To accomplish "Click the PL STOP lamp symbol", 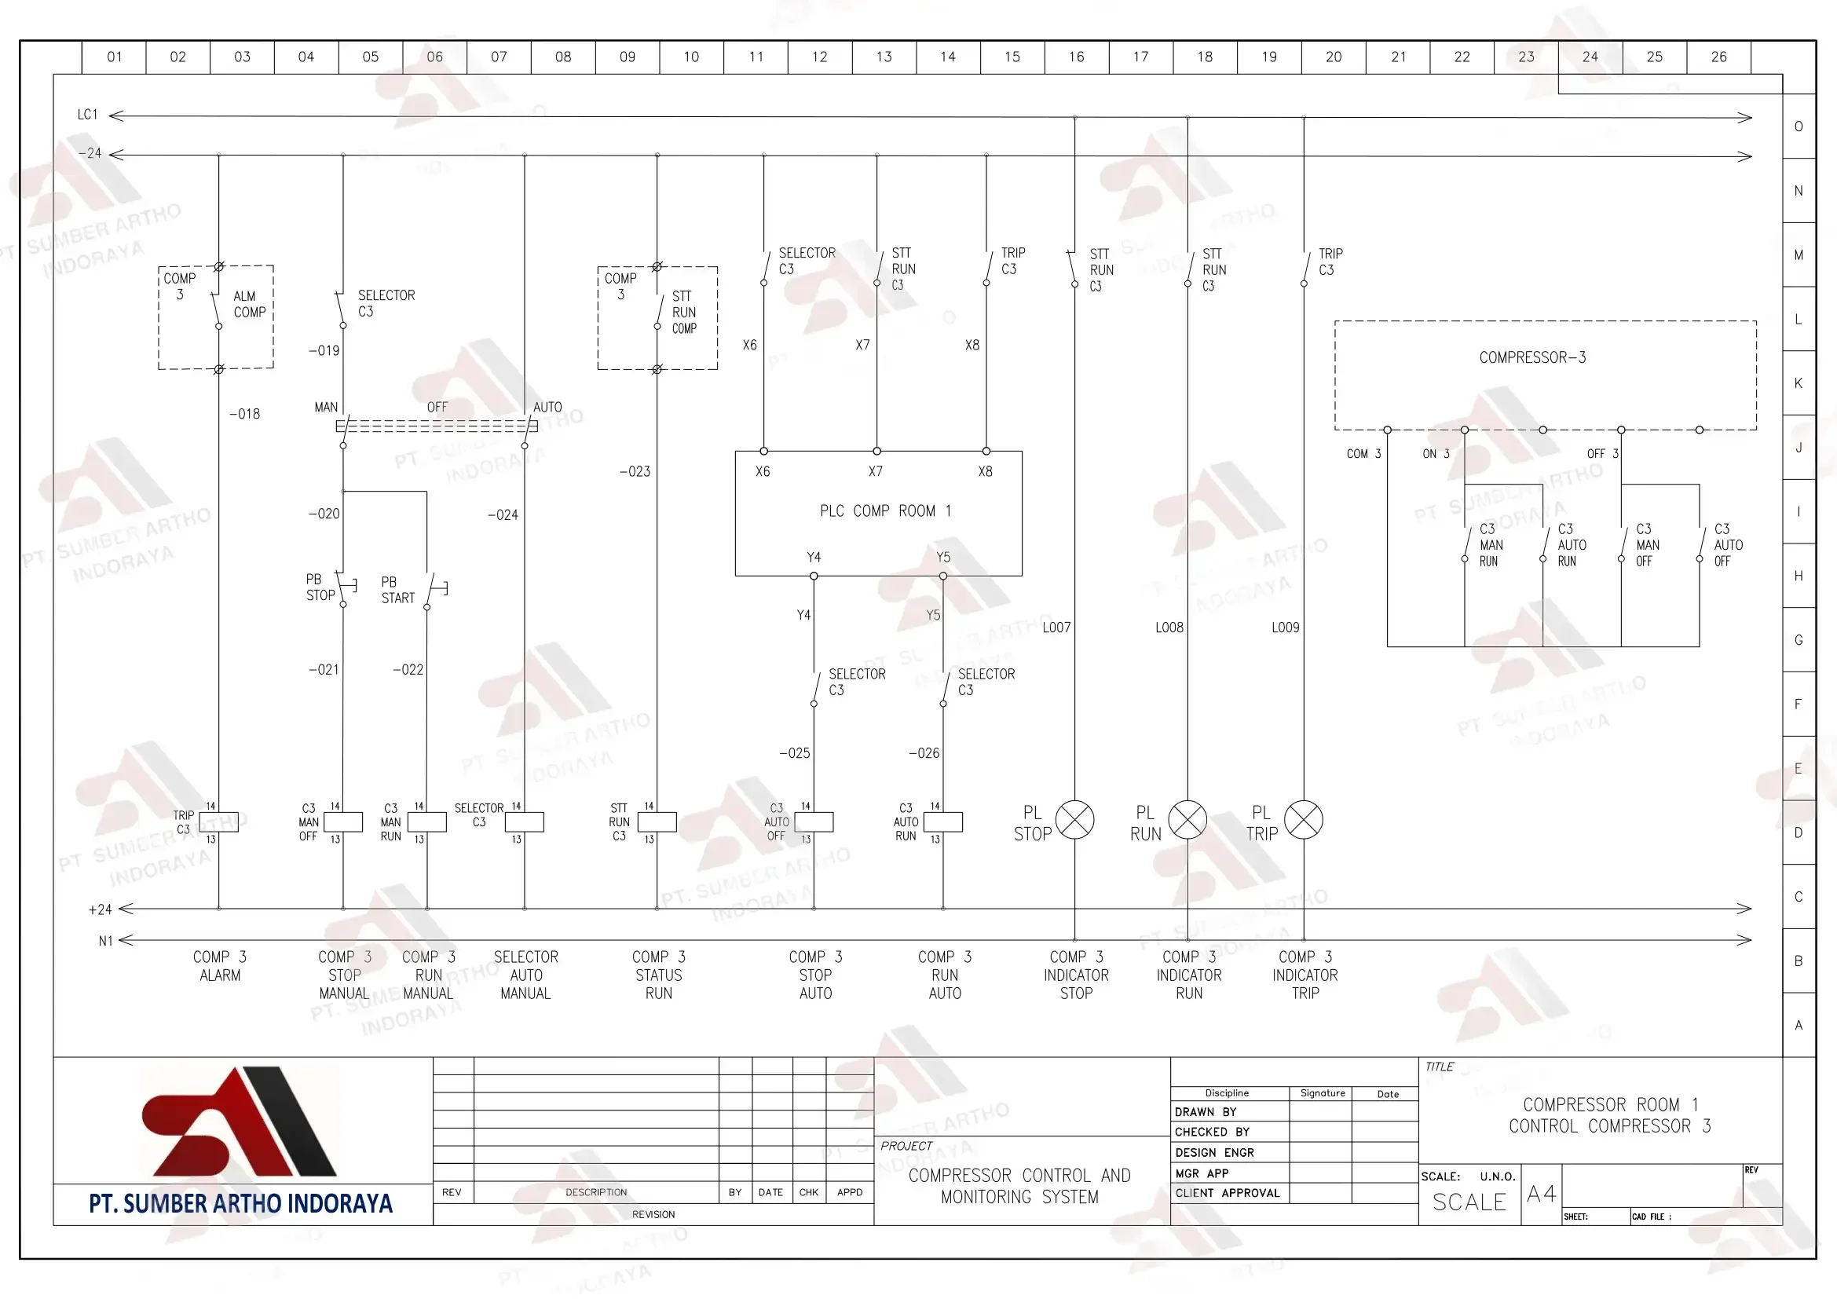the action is [1074, 820].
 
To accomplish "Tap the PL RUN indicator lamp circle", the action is [1187, 820].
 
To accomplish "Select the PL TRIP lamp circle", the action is [1304, 820].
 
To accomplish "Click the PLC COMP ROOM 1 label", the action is [885, 510].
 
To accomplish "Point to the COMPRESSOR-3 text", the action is [1532, 357].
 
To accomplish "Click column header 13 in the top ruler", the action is [884, 57].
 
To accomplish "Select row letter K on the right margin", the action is [1798, 383].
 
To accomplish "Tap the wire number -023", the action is [635, 472].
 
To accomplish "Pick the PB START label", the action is [397, 590].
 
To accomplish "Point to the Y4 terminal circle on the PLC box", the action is [814, 576].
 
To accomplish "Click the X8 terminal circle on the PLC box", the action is [986, 451].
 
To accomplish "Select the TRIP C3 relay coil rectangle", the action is [218, 822].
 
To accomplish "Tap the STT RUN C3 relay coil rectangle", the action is [657, 822].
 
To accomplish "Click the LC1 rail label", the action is [87, 115].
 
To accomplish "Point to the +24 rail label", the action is [100, 909].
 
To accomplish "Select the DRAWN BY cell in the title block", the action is [1230, 1112].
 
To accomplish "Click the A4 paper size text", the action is [1541, 1195].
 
